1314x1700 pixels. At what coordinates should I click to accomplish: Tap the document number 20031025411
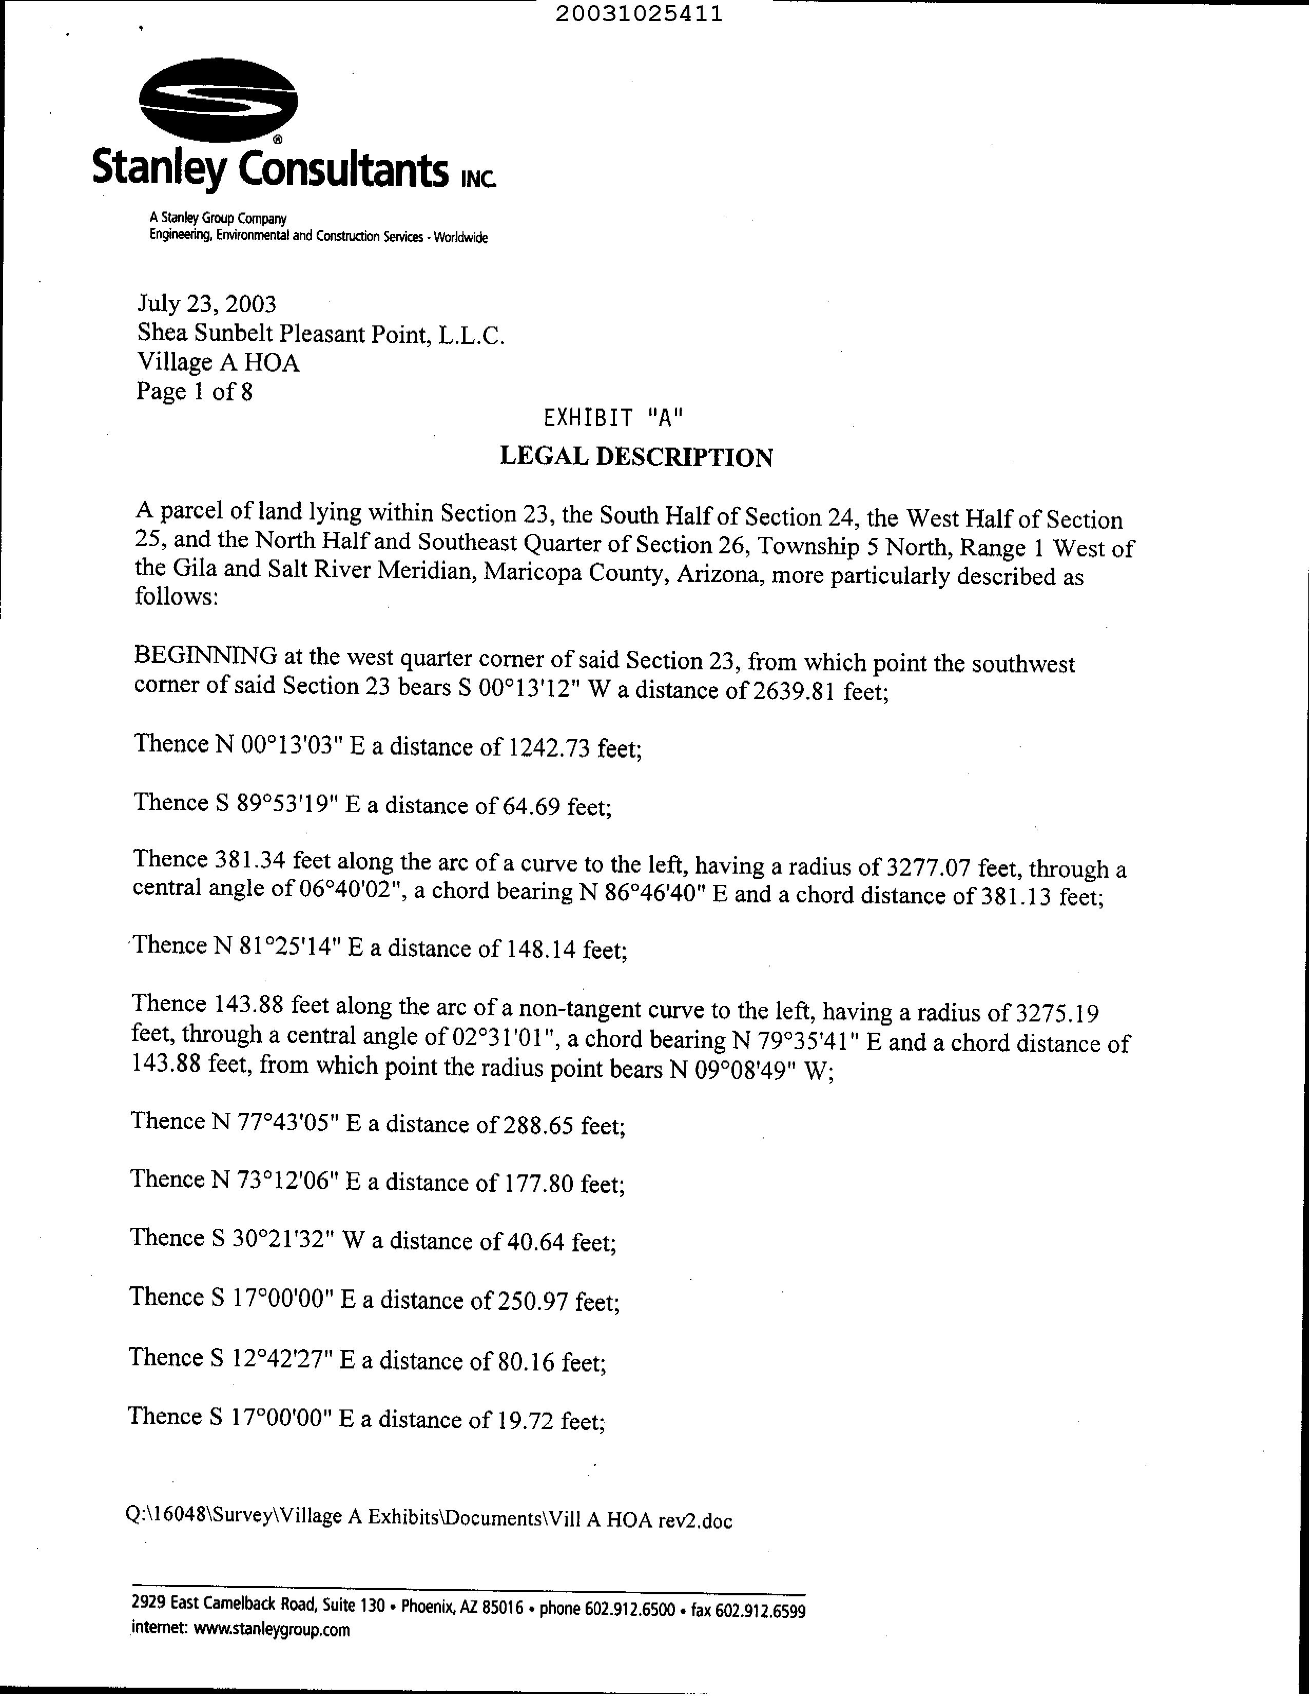pos(639,14)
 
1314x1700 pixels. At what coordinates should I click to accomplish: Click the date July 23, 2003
pos(207,303)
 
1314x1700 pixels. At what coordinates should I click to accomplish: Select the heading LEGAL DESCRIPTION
pos(636,457)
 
